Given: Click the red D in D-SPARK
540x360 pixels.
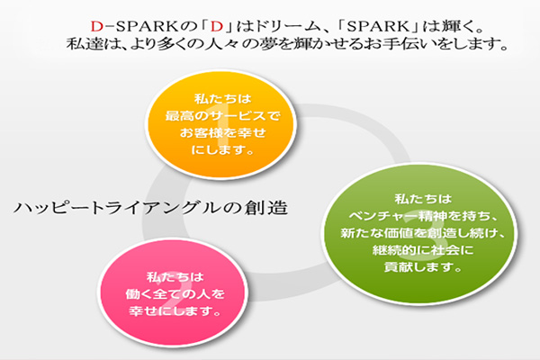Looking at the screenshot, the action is pyautogui.click(x=97, y=26).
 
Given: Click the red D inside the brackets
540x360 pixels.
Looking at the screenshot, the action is pyautogui.click(x=217, y=26).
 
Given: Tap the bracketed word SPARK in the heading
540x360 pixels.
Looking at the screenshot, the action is pyautogui.click(x=378, y=26).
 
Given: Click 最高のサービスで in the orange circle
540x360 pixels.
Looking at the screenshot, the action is pyautogui.click(x=222, y=116).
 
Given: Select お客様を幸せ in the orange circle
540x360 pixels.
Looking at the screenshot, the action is pyautogui.click(x=222, y=132).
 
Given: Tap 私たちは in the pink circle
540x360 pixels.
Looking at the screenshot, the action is pyautogui.click(x=175, y=276).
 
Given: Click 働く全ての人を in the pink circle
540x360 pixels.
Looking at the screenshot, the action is pyautogui.click(x=175, y=294).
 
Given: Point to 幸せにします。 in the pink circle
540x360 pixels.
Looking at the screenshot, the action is pyautogui.click(x=175, y=311).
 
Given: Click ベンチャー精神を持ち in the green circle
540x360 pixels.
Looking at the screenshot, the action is pyautogui.click(x=416, y=216).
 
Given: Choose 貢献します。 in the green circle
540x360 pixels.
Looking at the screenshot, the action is pyautogui.click(x=423, y=267).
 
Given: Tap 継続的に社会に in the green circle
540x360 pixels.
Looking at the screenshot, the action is pyautogui.click(x=423, y=250).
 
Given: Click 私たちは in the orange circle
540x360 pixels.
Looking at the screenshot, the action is pyautogui.click(x=222, y=99).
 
